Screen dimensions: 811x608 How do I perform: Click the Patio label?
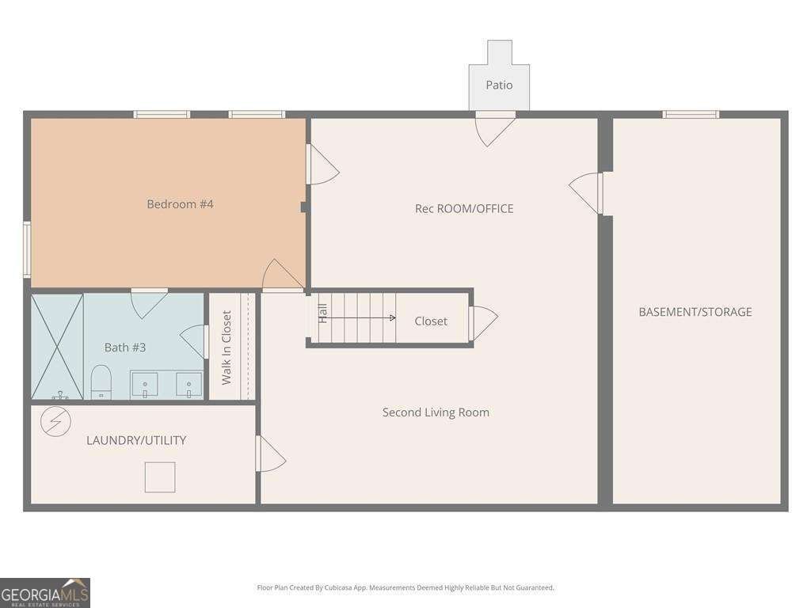499,85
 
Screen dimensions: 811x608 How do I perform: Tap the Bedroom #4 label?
180,204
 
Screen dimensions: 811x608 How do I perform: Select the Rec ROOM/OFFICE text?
464,209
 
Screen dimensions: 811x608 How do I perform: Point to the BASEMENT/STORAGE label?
695,312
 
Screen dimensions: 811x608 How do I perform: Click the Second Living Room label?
436,412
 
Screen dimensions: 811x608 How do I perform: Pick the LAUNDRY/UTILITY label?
136,440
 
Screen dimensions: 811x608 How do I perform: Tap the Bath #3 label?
125,348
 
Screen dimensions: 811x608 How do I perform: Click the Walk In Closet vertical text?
227,348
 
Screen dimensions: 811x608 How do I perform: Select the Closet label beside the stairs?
431,321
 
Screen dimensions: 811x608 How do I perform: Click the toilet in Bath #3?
101,382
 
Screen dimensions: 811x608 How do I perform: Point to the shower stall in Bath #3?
57,347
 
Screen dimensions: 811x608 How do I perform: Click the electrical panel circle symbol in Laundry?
56,421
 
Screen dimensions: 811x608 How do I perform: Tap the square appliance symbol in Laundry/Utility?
160,477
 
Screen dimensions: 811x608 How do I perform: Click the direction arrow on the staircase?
361,318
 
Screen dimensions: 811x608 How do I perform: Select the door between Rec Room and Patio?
495,128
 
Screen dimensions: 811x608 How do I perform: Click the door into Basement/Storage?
586,193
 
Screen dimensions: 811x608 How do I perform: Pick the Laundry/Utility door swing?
271,454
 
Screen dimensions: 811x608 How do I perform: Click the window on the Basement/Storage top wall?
691,114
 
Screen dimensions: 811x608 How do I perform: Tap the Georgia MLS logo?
45,593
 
